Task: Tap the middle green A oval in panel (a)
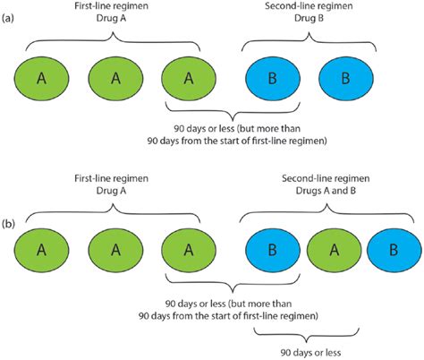(x=114, y=80)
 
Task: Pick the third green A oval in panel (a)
(x=188, y=80)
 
